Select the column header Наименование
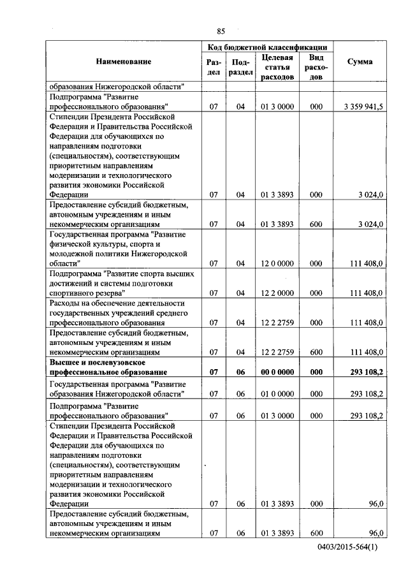pos(124,62)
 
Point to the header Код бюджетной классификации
pos(267,47)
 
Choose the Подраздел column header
pos(240,67)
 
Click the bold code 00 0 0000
pos(277,372)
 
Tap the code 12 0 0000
pos(277,263)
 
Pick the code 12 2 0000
pos(277,293)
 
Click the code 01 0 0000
pos(277,394)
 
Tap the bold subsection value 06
pos(240,372)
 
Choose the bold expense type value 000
pos(316,372)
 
